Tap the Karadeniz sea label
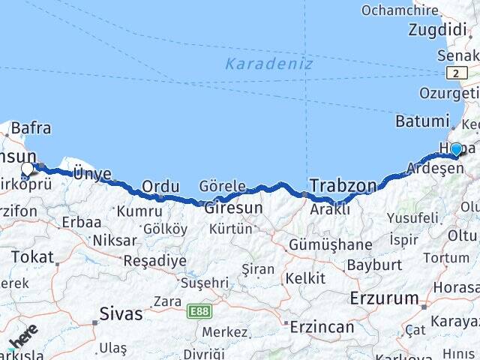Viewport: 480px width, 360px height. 268,64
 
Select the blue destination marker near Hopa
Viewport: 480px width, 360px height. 455,149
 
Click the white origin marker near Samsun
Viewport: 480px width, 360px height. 28,169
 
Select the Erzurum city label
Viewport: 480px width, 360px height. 384,298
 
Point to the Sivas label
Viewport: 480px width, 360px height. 121,313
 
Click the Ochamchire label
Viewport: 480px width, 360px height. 399,10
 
